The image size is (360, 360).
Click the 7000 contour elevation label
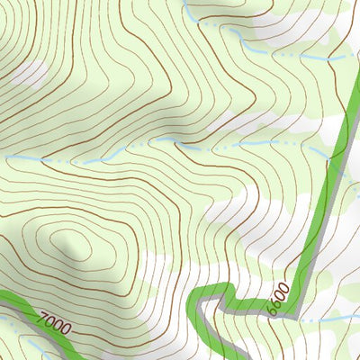[54, 321]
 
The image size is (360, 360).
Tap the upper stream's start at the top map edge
[185, 3]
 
